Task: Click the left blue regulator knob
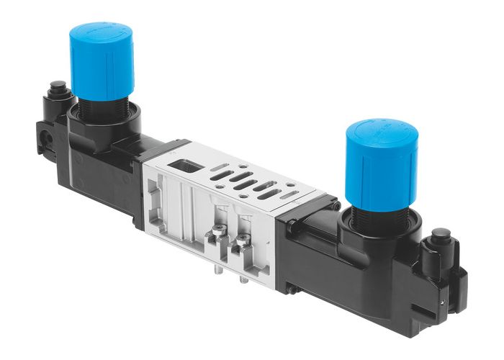tap(102, 65)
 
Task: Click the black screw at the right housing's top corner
tap(336, 206)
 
